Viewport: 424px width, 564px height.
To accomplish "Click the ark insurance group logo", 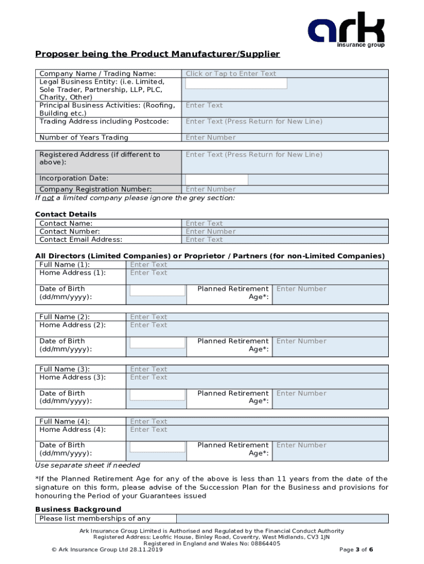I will click(x=346, y=30).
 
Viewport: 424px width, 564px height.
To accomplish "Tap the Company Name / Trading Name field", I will click(x=285, y=74).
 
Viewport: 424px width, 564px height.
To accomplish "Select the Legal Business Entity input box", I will click(x=236, y=83).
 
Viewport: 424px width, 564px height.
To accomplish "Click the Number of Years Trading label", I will click(x=84, y=138).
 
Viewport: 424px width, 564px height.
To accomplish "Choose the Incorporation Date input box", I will click(x=216, y=180).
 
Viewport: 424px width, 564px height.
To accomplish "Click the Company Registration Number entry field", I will click(x=285, y=189).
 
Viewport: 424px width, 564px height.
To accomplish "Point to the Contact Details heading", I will click(x=66, y=214).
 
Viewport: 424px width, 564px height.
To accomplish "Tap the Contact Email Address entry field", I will click(x=285, y=240).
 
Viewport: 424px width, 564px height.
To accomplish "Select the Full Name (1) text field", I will click(x=257, y=265).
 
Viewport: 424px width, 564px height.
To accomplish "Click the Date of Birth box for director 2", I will click(x=157, y=343).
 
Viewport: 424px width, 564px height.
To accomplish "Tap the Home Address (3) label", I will click(x=73, y=377).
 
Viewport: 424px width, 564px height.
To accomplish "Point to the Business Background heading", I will click(x=78, y=509).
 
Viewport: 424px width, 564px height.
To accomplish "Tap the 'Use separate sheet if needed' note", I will click(x=88, y=465).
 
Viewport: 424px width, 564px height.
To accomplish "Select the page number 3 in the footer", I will click(x=357, y=550).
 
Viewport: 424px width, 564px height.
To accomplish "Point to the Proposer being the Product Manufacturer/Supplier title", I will click(x=157, y=54).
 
